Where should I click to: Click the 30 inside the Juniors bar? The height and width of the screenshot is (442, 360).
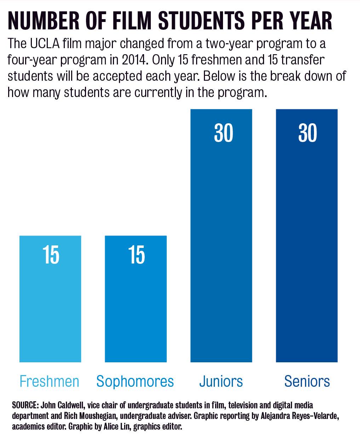click(x=223, y=133)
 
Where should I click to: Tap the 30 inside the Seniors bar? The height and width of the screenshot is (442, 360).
click(x=308, y=133)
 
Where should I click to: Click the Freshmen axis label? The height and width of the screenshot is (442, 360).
click(x=49, y=381)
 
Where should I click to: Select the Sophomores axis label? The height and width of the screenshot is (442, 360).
click(x=135, y=381)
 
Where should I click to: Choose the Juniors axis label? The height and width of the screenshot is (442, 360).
click(x=221, y=381)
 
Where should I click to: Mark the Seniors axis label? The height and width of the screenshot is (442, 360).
click(x=307, y=381)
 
